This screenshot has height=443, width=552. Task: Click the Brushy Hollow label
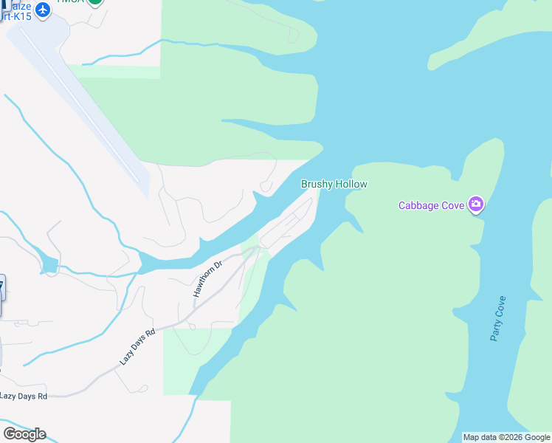[x=334, y=184]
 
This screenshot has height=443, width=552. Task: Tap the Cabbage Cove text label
[x=432, y=205]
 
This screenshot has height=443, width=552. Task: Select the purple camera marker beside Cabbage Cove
[x=476, y=205]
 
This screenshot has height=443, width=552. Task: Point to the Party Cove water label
[x=498, y=318]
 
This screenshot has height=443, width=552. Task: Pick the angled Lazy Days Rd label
[x=138, y=347]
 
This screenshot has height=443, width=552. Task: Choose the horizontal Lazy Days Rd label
[x=24, y=396]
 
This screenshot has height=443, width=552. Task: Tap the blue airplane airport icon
[x=43, y=10]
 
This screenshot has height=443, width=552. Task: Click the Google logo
[x=24, y=433]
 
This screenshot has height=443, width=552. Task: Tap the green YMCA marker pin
[x=94, y=2]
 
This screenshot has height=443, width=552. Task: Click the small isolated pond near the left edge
[x=49, y=264]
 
